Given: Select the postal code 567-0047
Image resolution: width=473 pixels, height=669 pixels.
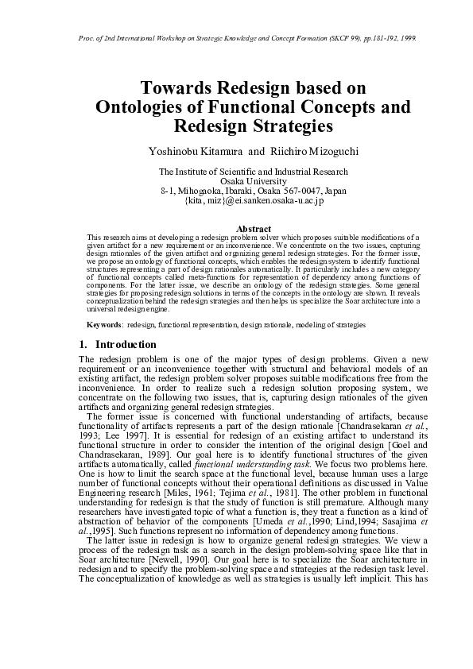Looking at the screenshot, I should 300,191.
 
